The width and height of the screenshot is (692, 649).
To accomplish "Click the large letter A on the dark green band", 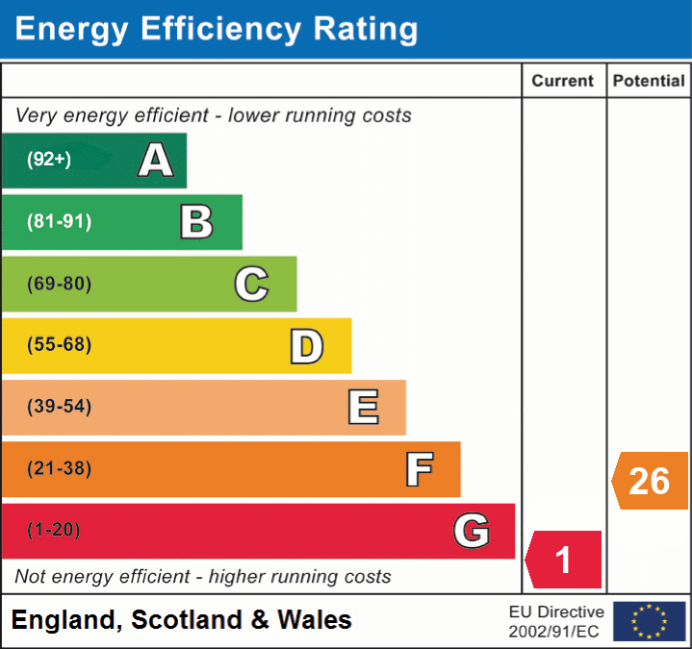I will point(156,160).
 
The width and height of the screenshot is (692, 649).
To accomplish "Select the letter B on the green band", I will point(196,222).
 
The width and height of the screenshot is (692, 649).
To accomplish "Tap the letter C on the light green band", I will point(251,284).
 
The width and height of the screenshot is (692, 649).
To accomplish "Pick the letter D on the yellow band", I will point(306,346).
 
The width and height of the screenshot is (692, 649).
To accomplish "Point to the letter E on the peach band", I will point(362,408).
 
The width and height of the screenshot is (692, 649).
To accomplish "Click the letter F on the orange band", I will point(419,469).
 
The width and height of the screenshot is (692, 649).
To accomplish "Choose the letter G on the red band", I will point(472,531).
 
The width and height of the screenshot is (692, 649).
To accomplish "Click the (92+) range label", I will point(49,160).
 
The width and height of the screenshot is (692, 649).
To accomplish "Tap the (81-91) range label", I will point(60,222).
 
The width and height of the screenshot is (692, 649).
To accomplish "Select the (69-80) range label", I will point(60,284).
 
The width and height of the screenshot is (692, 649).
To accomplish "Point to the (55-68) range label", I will point(60,345).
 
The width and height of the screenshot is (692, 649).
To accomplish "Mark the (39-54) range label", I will point(60,407).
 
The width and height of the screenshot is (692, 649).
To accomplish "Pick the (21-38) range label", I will point(60,468).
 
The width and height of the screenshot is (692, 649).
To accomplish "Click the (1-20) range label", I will point(54,530).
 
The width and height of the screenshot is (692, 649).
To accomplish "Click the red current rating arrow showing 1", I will point(564,560).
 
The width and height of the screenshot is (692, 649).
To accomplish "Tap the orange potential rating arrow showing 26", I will point(651,480).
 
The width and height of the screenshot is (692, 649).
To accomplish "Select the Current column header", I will point(564,82).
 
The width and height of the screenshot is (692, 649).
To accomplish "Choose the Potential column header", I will point(649,82).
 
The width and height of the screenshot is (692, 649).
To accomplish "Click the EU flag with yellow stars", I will point(650,621).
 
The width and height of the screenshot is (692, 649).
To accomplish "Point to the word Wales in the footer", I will point(315,620).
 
